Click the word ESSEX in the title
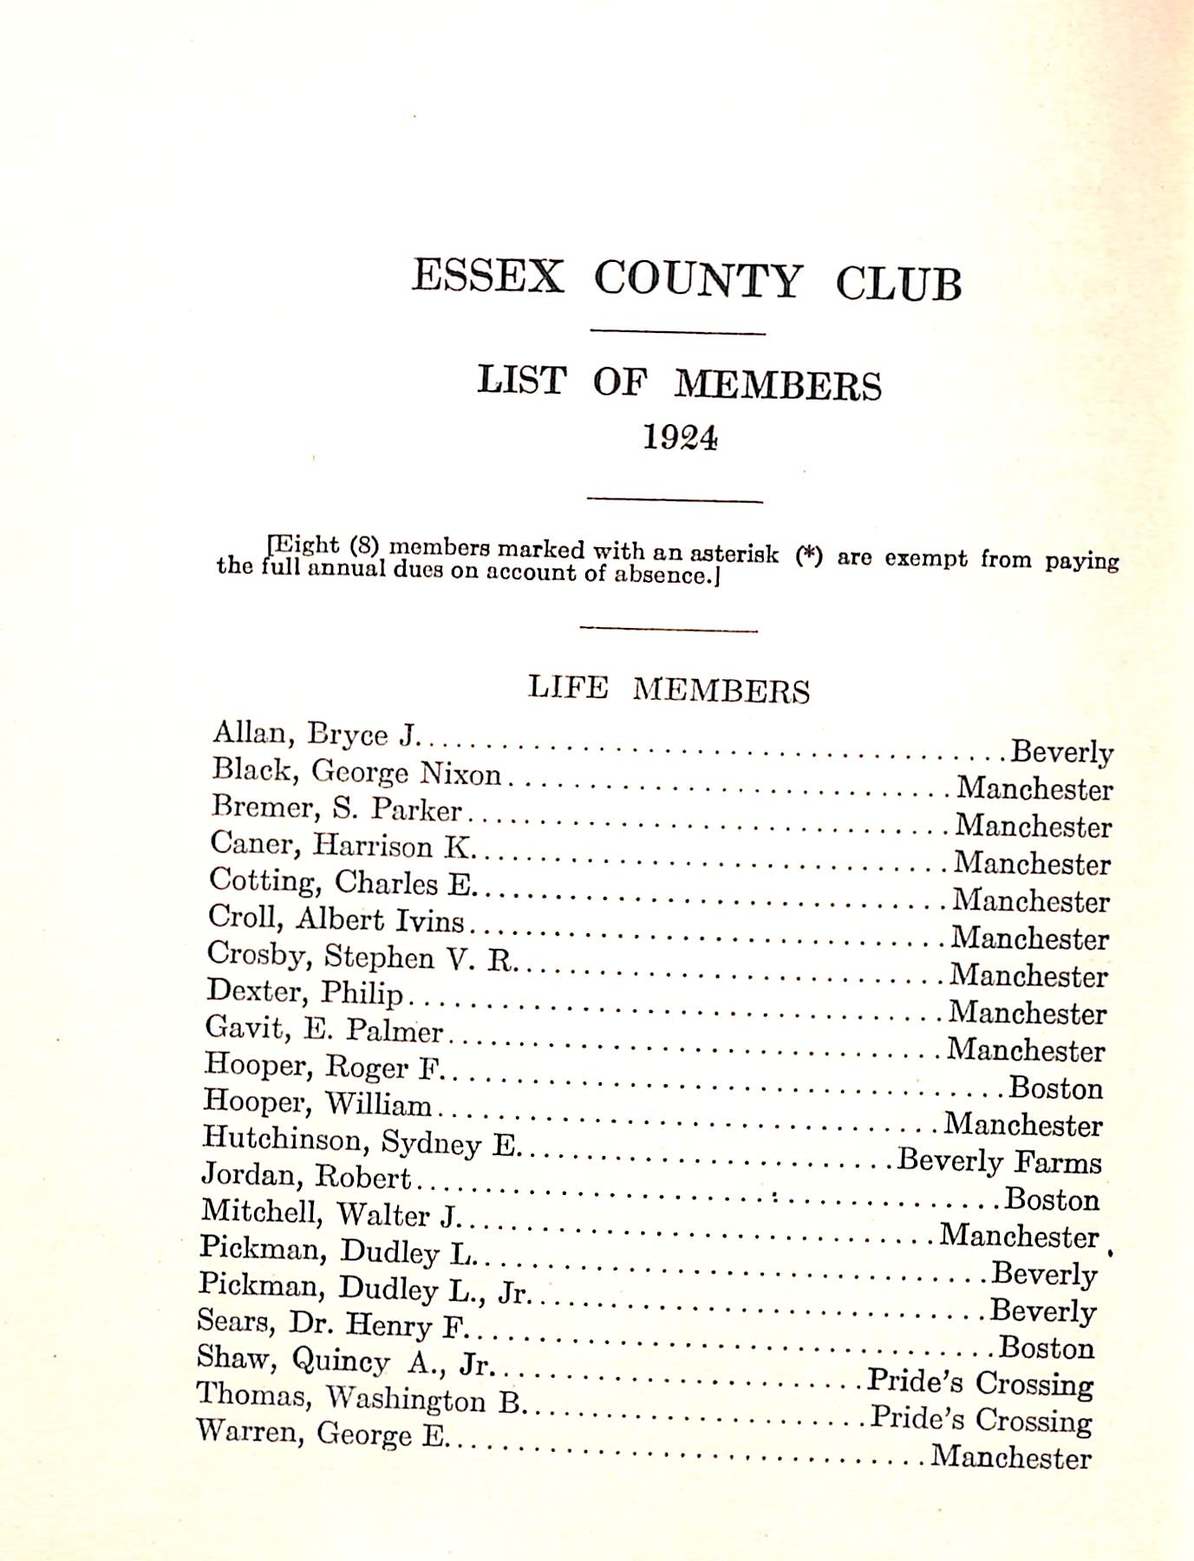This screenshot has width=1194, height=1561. pos(487,277)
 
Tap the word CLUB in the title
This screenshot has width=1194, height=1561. pos(898,284)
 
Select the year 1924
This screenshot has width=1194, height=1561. pos(680,438)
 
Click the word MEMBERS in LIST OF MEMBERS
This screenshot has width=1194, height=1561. pos(778,385)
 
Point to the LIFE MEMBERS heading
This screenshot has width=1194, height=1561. pos(669,689)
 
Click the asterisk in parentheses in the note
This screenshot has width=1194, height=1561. pos(808,556)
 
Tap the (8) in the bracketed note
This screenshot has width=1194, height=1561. pos(364,546)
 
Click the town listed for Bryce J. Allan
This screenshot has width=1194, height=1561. pos(1061,752)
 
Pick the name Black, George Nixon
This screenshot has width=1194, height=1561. pos(356,771)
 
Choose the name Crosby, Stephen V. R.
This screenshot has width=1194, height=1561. pos(361,956)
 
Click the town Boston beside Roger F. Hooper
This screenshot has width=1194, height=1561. pos(1055,1087)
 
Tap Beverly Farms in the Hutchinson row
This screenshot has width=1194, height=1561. pos(999,1160)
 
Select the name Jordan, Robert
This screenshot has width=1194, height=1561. pos(305,1176)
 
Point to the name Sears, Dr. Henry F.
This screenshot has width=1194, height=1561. pos(332,1323)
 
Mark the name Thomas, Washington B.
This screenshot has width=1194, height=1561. pos(360,1398)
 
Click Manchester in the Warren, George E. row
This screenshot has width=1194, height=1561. pos(1010,1457)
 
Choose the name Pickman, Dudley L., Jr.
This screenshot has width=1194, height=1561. pos(363,1288)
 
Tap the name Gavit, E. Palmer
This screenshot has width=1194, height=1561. pos(323,1029)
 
